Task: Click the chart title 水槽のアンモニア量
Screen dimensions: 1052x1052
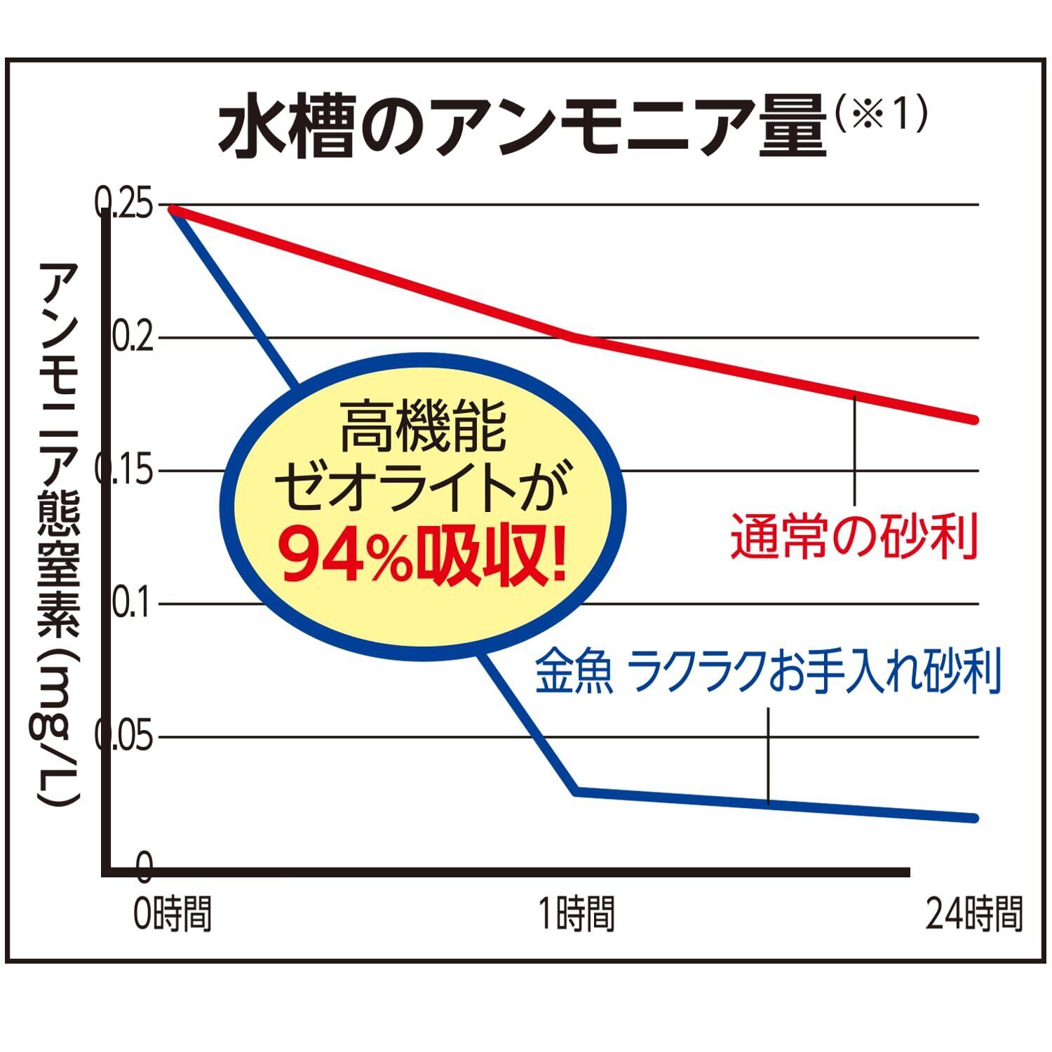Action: pos(522,130)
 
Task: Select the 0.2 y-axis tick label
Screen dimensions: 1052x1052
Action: pos(132,337)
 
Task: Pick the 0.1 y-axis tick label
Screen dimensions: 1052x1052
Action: pos(132,604)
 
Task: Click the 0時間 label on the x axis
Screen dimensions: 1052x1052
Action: pos(173,914)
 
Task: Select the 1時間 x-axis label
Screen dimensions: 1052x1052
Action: pos(576,914)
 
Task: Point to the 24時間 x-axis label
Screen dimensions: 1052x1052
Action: pos(974,914)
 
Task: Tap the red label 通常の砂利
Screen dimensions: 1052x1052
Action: pos(854,537)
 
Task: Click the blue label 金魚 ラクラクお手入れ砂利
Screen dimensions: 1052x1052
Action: pos(767,671)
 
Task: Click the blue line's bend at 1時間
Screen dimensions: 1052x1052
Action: pos(576,791)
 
